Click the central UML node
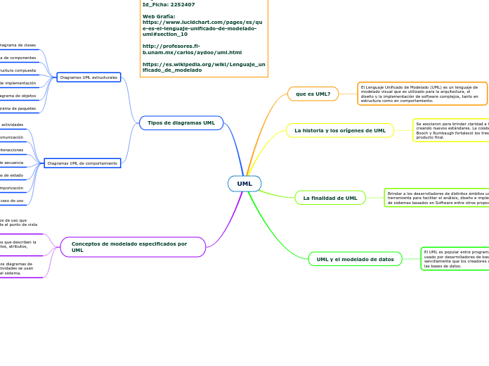(244, 184)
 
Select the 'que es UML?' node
(313, 94)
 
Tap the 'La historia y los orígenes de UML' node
(339, 130)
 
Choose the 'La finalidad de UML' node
(330, 198)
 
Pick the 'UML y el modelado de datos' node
(355, 259)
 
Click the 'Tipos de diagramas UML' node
(181, 123)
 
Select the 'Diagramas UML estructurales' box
(89, 77)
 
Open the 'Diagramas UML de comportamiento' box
(82, 163)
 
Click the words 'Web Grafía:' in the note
(159, 15)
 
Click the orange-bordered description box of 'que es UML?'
(422, 94)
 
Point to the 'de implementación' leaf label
(18, 83)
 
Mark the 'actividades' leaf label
(12, 125)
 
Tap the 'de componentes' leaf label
(18, 58)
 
